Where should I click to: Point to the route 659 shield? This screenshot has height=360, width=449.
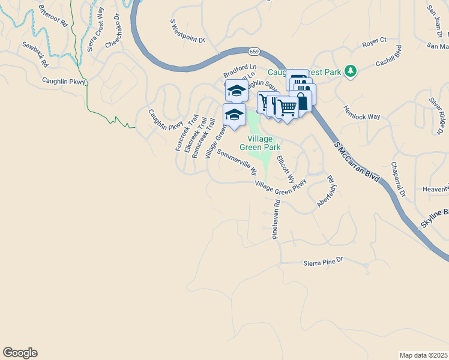point(255,52)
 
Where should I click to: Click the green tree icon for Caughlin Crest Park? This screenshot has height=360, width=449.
point(351,72)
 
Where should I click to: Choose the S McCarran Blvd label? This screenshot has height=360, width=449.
point(358,162)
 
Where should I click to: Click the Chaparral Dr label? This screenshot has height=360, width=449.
point(399,179)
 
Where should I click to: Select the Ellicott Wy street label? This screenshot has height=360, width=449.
point(286,169)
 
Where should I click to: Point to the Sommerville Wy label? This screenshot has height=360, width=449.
point(237,162)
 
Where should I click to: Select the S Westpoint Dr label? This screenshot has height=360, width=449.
point(188,31)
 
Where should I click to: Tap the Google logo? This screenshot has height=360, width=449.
point(20,353)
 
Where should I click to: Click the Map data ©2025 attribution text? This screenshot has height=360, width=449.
point(423,355)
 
